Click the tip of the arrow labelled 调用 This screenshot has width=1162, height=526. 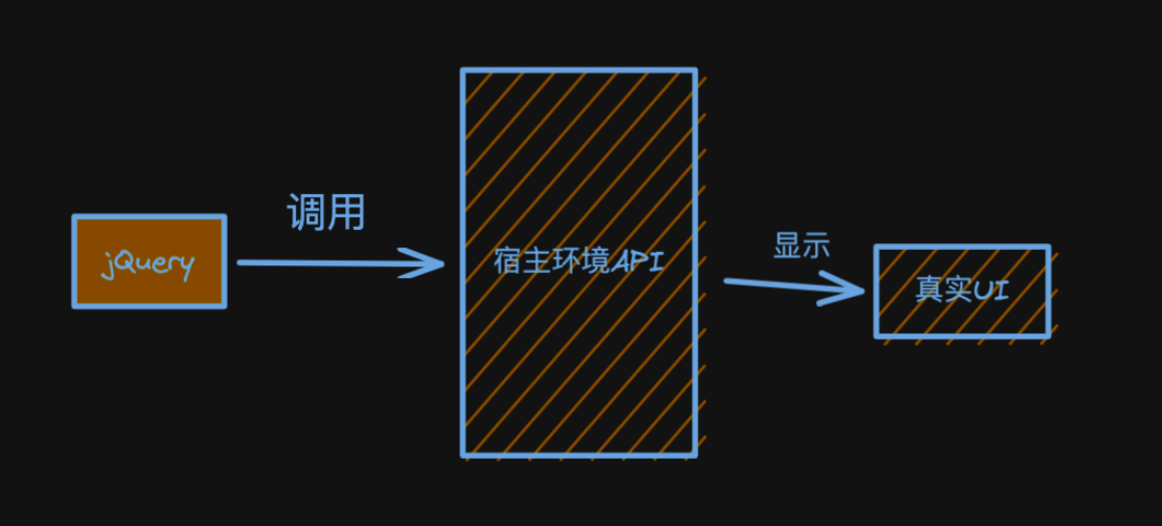click(x=444, y=263)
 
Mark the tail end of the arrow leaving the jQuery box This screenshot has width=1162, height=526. click(x=238, y=263)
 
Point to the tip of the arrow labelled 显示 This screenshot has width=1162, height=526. click(x=864, y=291)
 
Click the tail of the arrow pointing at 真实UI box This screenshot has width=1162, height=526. click(x=726, y=282)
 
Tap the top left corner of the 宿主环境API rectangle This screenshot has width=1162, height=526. click(x=462, y=70)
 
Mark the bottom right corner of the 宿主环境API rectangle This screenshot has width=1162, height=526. click(x=695, y=456)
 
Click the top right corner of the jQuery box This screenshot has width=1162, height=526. click(x=224, y=216)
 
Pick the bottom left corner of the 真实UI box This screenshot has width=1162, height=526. click(x=877, y=336)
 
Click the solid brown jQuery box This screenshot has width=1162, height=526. click(x=149, y=262)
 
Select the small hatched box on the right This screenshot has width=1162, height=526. click(x=962, y=291)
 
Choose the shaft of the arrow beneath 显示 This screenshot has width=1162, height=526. click(x=794, y=287)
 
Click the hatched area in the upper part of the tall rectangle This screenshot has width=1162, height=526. click(x=579, y=156)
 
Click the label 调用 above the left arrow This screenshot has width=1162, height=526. click(x=326, y=212)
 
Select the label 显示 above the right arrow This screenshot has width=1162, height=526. click(x=802, y=245)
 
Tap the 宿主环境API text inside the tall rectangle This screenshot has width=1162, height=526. click(x=579, y=261)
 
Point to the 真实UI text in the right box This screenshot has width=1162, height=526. click(x=962, y=288)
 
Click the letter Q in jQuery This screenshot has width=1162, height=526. click(x=125, y=262)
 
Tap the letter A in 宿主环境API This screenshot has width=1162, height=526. click(x=622, y=262)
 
